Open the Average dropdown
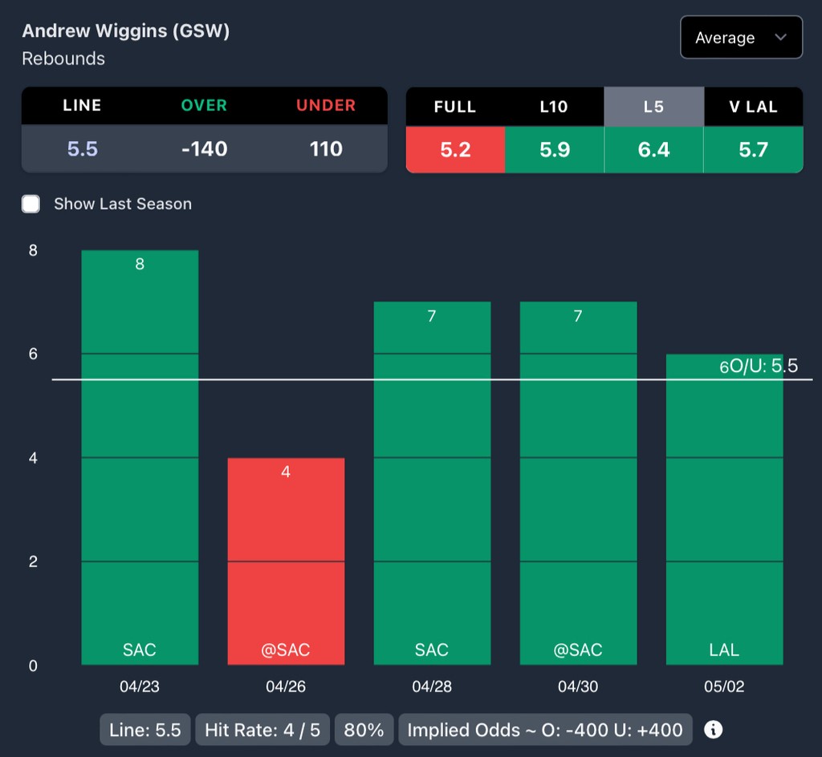click(741, 38)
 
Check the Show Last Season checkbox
click(31, 204)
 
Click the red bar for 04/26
click(286, 561)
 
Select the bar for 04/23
click(140, 457)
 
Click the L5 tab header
click(653, 107)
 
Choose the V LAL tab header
click(753, 107)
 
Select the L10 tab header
click(554, 107)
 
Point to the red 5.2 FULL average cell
click(455, 149)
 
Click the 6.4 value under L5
click(653, 149)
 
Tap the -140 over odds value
click(204, 148)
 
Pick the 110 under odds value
click(326, 148)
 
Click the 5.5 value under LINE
click(82, 148)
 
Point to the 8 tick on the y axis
click(33, 250)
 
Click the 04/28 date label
click(432, 687)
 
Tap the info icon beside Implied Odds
click(713, 730)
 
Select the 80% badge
click(364, 730)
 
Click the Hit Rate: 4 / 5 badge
click(262, 730)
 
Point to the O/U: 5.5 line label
click(763, 366)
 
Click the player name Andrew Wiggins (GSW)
click(126, 31)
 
